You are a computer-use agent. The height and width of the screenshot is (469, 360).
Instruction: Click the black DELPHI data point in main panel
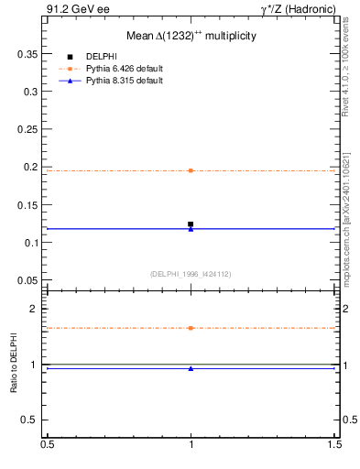tap(191, 224)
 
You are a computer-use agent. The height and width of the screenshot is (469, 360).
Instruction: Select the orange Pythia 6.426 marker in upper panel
tap(191, 170)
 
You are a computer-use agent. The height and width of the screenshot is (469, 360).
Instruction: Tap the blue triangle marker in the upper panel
tap(191, 229)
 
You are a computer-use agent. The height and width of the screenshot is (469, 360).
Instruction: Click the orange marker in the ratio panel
tap(191, 328)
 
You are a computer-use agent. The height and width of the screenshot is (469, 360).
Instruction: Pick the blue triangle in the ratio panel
tap(191, 368)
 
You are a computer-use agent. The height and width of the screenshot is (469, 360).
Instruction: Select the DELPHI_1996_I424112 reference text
tap(191, 274)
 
